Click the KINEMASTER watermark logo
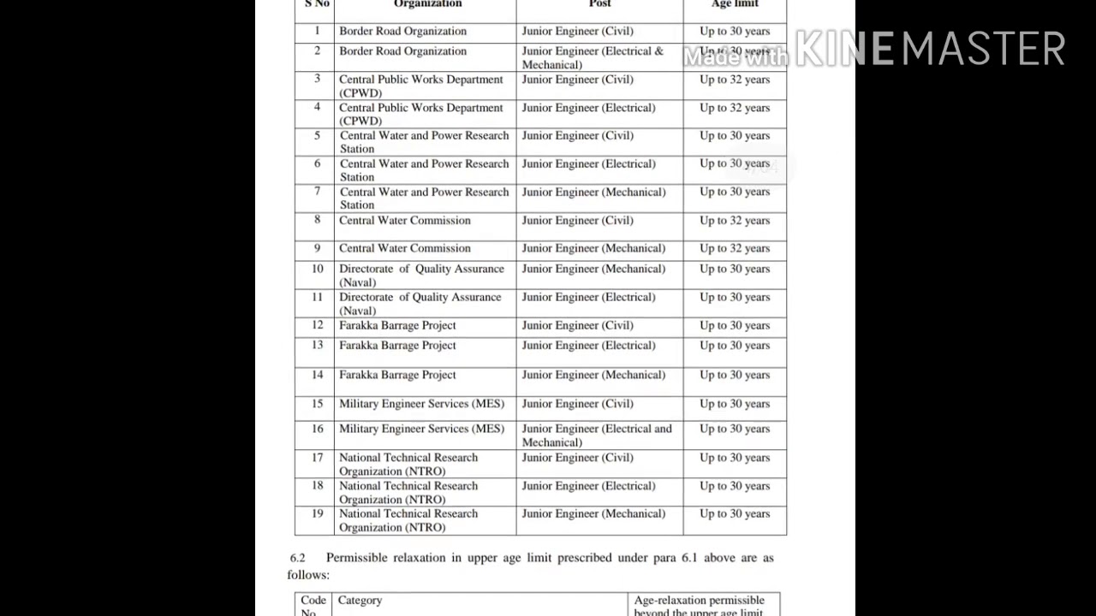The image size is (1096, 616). pyautogui.click(x=930, y=49)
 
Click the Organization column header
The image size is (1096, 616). pyautogui.click(x=427, y=4)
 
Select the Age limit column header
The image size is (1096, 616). pyautogui.click(x=735, y=4)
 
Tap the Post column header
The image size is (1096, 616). pyautogui.click(x=599, y=4)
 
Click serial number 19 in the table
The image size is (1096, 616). pyautogui.click(x=317, y=514)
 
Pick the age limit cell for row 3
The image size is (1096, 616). pyautogui.click(x=735, y=80)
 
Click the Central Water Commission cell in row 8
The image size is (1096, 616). pyautogui.click(x=405, y=221)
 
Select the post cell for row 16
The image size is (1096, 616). pyautogui.click(x=597, y=435)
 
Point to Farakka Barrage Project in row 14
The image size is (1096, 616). pyautogui.click(x=397, y=375)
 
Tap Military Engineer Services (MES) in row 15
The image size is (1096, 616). pyautogui.click(x=421, y=404)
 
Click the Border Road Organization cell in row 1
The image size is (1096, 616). pyautogui.click(x=402, y=32)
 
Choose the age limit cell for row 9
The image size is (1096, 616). pyautogui.click(x=735, y=249)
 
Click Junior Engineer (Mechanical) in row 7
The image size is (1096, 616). pyautogui.click(x=593, y=192)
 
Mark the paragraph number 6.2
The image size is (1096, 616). pyautogui.click(x=297, y=558)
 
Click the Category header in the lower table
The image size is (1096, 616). pyautogui.click(x=360, y=601)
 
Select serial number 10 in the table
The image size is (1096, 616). pyautogui.click(x=317, y=269)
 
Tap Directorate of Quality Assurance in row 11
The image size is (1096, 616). pyautogui.click(x=420, y=304)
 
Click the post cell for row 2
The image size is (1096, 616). pyautogui.click(x=593, y=58)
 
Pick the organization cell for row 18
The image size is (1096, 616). pyautogui.click(x=408, y=493)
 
